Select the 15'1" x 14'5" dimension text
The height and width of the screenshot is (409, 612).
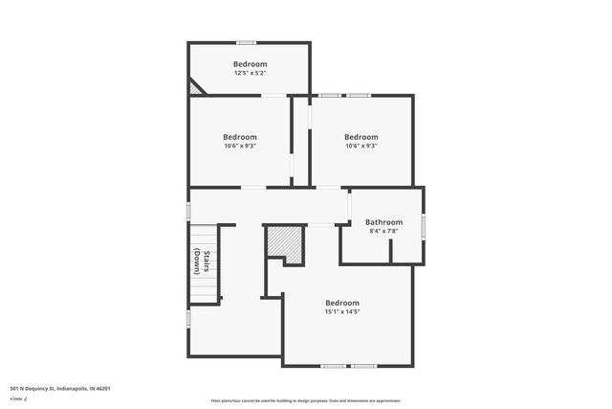tap(341, 311)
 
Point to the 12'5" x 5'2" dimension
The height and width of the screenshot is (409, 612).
tap(250, 73)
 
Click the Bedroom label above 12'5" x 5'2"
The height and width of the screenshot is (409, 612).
tap(250, 64)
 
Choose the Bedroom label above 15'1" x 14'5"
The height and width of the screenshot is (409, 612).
tap(341, 303)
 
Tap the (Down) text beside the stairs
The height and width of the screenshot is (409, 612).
tap(196, 261)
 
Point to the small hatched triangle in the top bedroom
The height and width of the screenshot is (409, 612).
tap(196, 87)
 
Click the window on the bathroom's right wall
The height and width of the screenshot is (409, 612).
tap(424, 225)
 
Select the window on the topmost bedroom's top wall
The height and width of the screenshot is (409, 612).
tap(246, 42)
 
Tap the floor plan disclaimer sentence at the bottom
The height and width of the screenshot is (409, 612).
tap(305, 400)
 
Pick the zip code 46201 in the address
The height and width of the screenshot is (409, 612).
tap(102, 388)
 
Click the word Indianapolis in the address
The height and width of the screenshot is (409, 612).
tap(71, 388)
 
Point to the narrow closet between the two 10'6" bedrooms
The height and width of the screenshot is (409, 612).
tap(300, 140)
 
